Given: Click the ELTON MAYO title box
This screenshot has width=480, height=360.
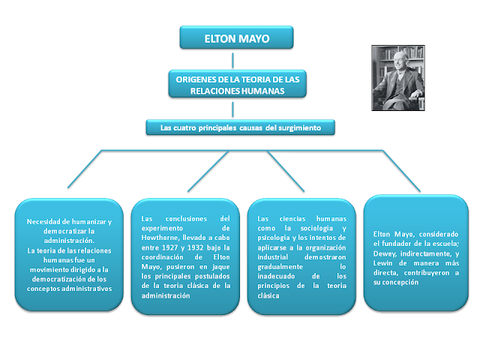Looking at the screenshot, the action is [x=236, y=37].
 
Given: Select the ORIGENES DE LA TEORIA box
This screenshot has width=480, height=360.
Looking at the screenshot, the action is [x=236, y=85].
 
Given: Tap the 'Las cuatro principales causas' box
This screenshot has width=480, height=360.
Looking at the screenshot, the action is [x=241, y=128].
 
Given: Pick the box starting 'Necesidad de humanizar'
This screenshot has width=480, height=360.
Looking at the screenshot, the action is [x=69, y=254].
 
